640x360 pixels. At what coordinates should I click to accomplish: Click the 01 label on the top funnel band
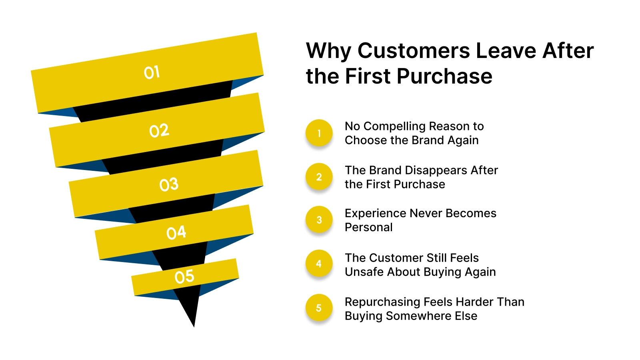tap(152, 72)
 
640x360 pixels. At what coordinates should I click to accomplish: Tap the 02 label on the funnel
tap(159, 130)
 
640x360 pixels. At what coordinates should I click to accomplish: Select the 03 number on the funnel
tap(169, 184)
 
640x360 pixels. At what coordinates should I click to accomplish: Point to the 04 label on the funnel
tap(176, 232)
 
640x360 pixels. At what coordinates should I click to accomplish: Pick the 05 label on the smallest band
tap(184, 276)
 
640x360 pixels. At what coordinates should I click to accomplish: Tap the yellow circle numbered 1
tap(319, 133)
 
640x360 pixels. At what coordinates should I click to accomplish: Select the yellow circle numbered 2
tap(319, 177)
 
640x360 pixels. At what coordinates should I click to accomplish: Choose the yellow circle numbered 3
tap(319, 220)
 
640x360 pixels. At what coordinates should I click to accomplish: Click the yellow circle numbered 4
tap(319, 264)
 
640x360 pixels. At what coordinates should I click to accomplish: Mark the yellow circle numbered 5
tap(319, 308)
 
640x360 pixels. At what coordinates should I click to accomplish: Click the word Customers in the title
tap(414, 51)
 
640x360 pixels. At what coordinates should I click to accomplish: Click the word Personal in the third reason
tap(368, 227)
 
